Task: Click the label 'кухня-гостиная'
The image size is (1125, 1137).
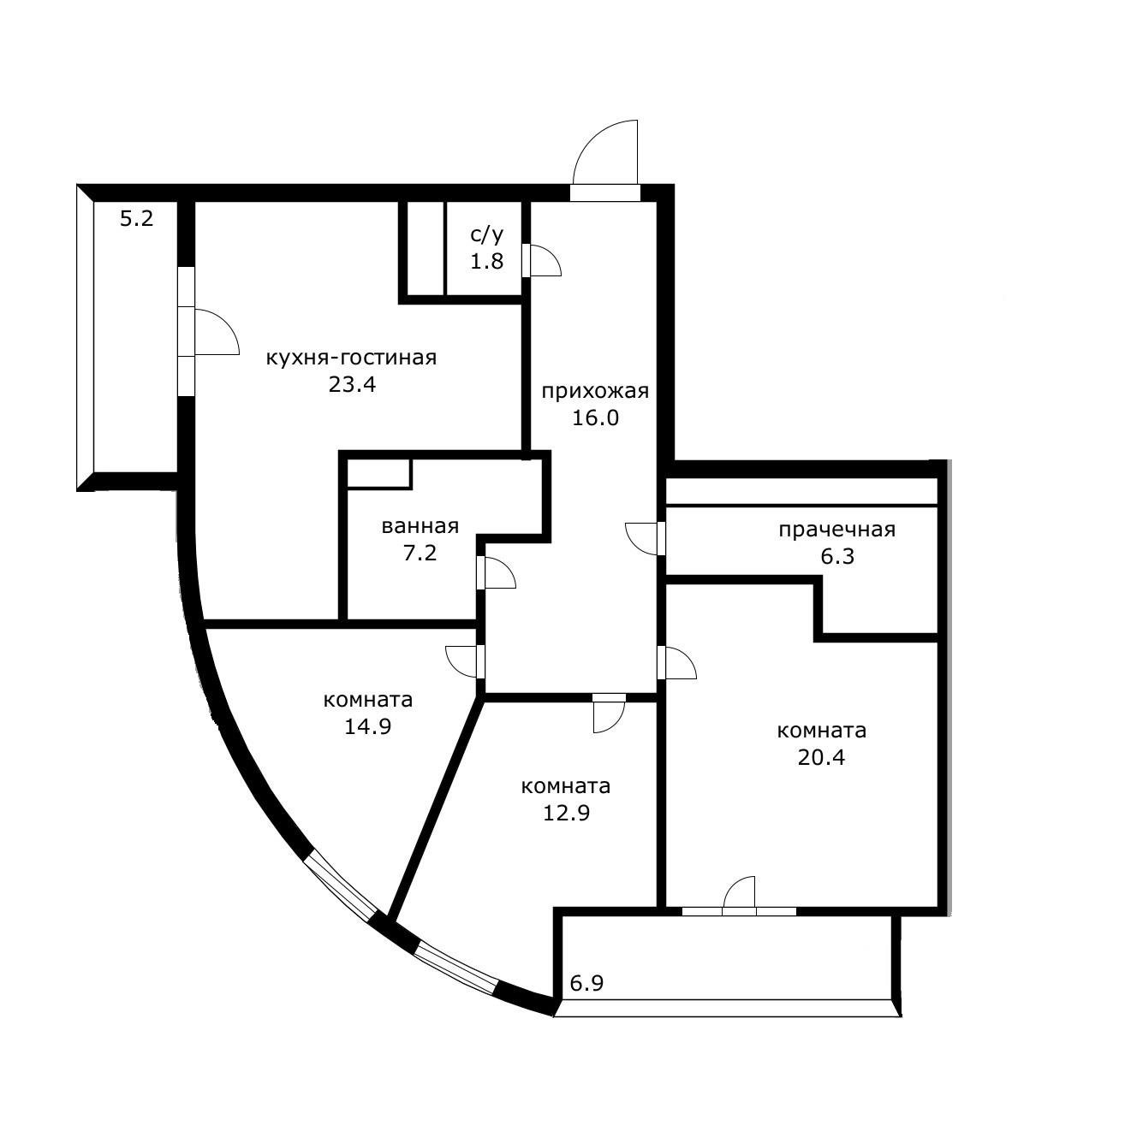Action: click(351, 358)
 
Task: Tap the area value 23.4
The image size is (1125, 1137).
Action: click(352, 384)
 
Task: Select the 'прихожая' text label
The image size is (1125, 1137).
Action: click(595, 392)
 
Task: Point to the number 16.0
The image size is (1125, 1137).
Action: click(595, 418)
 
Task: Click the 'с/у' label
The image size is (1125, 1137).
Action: click(487, 235)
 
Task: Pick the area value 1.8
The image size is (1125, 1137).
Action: click(486, 262)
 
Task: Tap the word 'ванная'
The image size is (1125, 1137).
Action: click(420, 526)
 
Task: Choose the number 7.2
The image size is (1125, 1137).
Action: click(420, 553)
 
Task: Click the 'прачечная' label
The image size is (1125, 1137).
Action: click(836, 530)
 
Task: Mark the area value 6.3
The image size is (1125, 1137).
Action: click(837, 556)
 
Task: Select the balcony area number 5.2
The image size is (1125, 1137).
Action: click(136, 219)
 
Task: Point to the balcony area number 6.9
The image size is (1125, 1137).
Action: click(586, 983)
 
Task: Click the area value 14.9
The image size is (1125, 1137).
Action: click(367, 726)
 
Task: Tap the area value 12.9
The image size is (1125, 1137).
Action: click(566, 813)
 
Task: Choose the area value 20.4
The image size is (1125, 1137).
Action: click(821, 757)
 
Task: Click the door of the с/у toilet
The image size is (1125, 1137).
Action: click(544, 260)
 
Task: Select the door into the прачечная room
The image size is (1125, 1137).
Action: click(644, 537)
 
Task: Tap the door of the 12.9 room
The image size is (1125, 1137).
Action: click(609, 714)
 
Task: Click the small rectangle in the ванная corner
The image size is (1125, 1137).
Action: click(379, 474)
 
